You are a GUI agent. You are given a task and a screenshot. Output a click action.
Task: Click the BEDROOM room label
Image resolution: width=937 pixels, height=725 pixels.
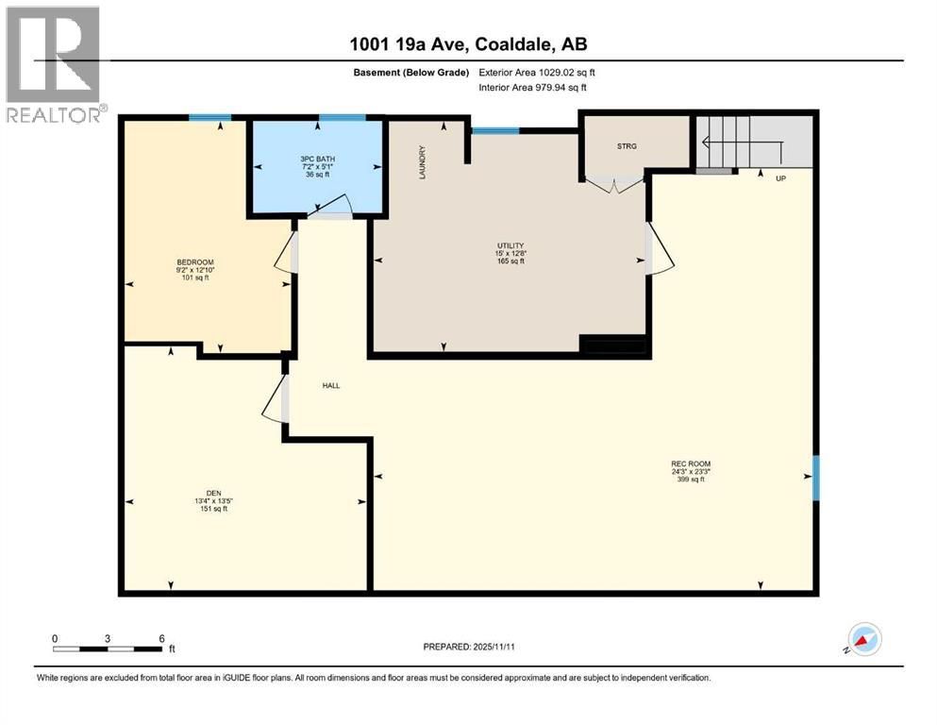[x=194, y=261]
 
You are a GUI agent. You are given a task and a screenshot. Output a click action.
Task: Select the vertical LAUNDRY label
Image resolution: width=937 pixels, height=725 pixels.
[x=424, y=162]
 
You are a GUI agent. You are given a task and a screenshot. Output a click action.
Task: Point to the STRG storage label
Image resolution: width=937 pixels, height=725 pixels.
[x=627, y=146]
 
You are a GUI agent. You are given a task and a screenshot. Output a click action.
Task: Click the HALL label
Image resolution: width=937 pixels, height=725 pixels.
[x=330, y=385]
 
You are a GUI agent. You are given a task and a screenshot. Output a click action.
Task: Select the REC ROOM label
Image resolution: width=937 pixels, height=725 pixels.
[x=690, y=464]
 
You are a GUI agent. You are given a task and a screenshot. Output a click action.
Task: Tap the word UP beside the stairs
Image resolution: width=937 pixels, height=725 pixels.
[x=780, y=177]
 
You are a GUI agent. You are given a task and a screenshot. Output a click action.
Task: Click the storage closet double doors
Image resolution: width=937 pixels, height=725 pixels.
[x=614, y=183]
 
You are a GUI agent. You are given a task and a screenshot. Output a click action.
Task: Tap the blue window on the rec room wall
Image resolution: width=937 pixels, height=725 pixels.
[x=815, y=478]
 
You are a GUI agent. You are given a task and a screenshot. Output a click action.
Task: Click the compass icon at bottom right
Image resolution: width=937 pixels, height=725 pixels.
[x=864, y=639]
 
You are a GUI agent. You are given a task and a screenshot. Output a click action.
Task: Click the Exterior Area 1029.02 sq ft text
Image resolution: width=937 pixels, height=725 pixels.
[x=535, y=72]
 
